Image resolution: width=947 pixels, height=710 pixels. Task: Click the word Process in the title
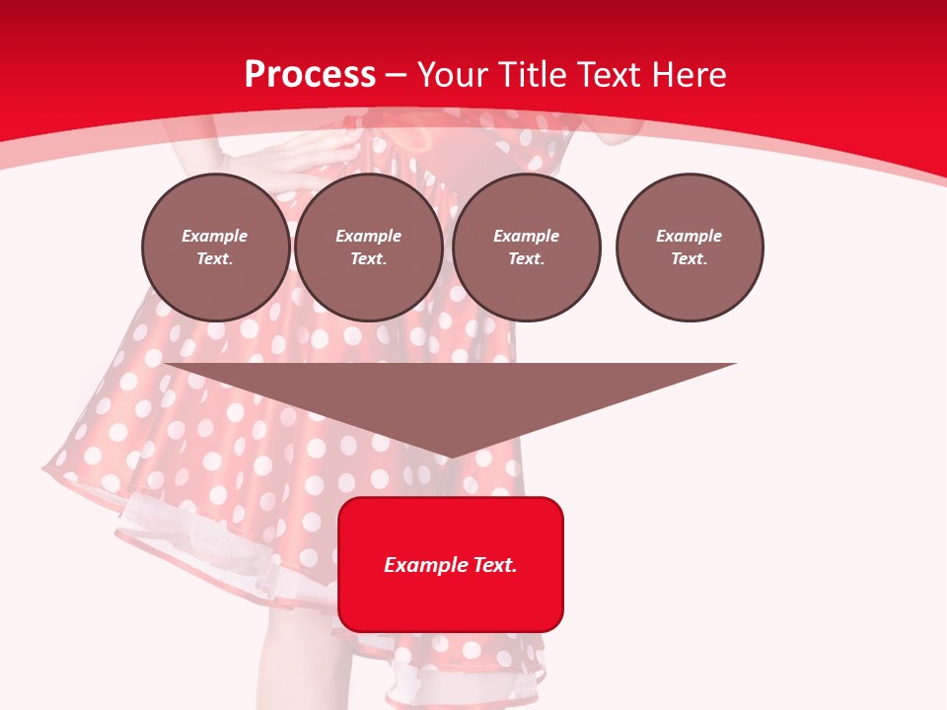pyautogui.click(x=310, y=75)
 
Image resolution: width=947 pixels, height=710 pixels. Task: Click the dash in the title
pyautogui.click(x=397, y=75)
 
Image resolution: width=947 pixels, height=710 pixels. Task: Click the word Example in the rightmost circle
pyautogui.click(x=690, y=236)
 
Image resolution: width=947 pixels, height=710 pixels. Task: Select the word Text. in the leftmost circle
pyautogui.click(x=215, y=258)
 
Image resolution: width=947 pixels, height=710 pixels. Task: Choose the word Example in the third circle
pyautogui.click(x=526, y=236)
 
